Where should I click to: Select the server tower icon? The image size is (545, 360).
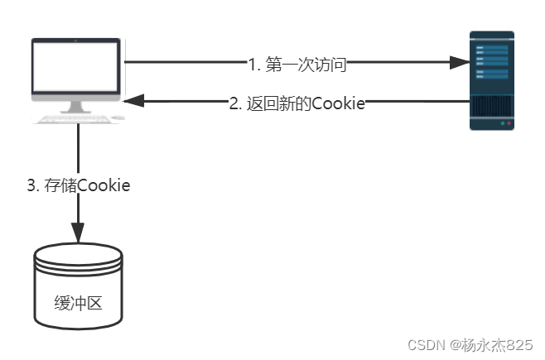pos(492,80)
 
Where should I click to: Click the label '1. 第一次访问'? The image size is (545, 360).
pos(297,62)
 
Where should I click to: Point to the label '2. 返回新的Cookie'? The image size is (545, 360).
pos(297,103)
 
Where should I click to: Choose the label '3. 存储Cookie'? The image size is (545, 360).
pos(79,185)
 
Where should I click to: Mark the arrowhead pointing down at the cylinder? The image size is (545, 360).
pos(79,233)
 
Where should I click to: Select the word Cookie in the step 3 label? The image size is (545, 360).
pos(104,185)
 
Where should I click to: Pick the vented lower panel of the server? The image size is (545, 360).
pos(492,107)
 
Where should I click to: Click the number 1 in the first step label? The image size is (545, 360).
pos(253,62)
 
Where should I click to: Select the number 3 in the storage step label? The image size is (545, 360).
pos(31,185)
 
